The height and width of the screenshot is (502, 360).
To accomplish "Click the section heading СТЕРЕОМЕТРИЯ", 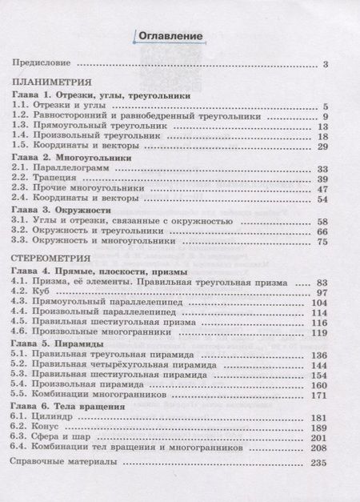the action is tap(51, 260).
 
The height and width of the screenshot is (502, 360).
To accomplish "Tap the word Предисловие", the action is tap(41, 64).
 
